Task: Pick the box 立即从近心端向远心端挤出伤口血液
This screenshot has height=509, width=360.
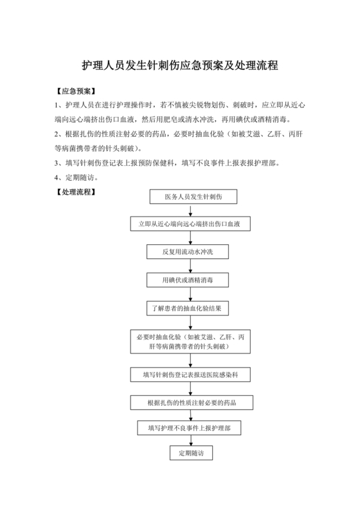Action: point(189,224)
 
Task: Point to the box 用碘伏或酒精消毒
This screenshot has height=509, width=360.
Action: point(186,280)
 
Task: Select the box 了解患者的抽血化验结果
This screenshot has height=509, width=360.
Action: point(187,308)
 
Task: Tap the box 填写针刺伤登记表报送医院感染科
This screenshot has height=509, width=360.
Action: point(187,374)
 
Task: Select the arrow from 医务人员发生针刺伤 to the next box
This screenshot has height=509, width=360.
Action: point(187,210)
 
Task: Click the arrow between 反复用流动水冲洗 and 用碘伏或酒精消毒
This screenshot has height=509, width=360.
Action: point(187,266)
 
